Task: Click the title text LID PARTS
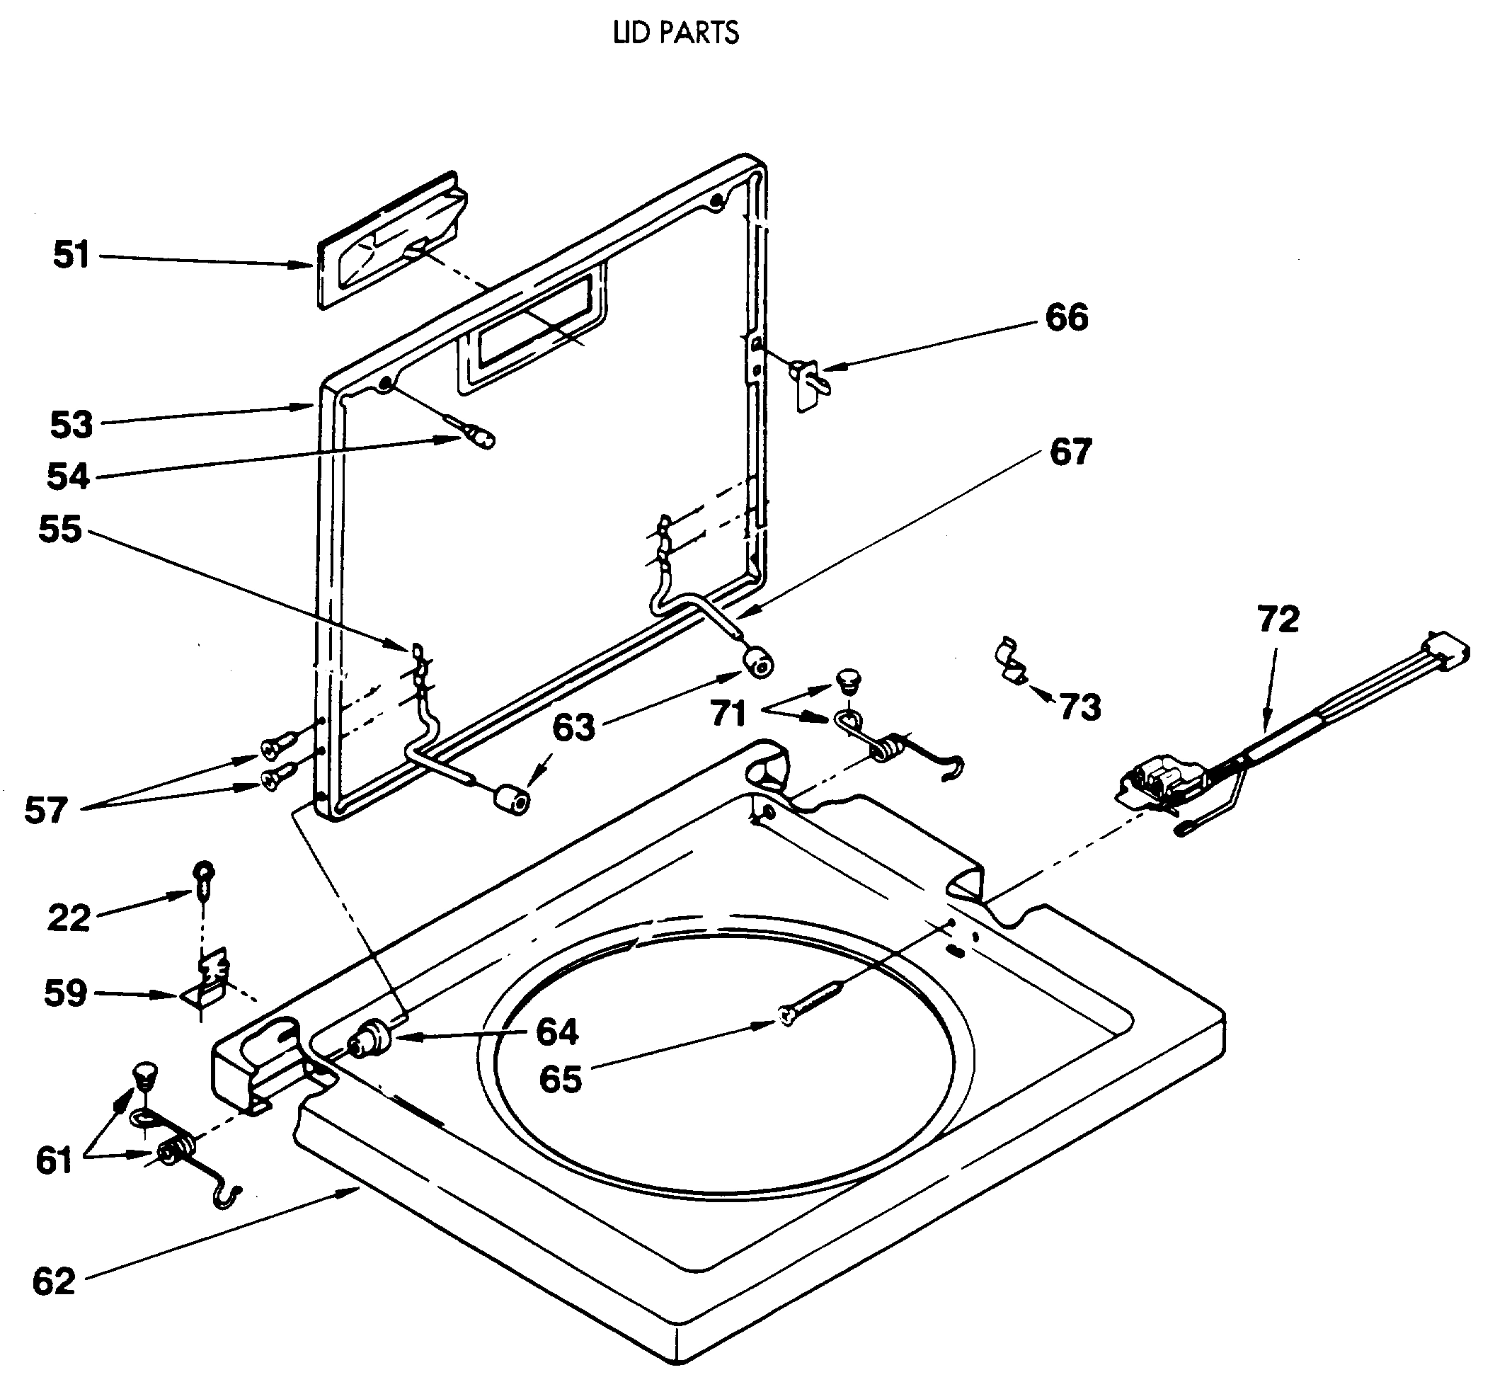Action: coord(676,33)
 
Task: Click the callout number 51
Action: coord(71,255)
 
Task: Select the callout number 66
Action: coord(1067,317)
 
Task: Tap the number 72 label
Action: coord(1278,619)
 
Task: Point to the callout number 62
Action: coord(54,1281)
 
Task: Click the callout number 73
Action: coord(1080,707)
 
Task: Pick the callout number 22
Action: coord(69,918)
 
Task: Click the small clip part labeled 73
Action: coord(1013,661)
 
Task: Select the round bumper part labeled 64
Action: coord(372,1040)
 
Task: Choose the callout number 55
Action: coord(59,529)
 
